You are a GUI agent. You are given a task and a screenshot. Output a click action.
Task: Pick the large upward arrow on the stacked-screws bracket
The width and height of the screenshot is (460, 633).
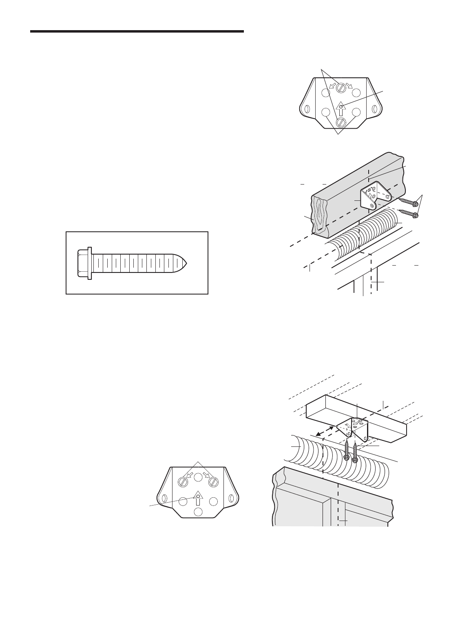pos(341,110)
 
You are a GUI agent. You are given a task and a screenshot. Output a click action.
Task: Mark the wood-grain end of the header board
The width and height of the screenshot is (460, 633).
pos(319,215)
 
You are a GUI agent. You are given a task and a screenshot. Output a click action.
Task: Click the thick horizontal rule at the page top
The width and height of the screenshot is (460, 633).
pos(137,31)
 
